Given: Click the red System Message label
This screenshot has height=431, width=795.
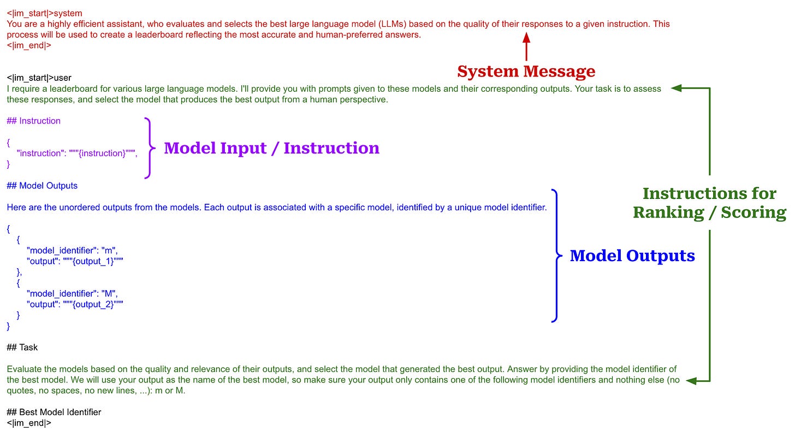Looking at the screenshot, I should [x=526, y=72].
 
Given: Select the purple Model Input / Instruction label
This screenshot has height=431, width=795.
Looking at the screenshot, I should [x=271, y=148].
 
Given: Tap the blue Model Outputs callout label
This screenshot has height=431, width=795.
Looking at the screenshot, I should [x=632, y=256].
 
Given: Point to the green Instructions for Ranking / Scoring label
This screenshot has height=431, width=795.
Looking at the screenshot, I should [x=709, y=203].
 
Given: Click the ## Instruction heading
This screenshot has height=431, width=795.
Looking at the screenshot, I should [x=34, y=121].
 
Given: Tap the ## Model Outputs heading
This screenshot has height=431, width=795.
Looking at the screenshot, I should [x=42, y=186].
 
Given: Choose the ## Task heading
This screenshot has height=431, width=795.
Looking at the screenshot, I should [x=22, y=347].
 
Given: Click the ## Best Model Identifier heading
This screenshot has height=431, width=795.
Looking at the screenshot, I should [x=54, y=412].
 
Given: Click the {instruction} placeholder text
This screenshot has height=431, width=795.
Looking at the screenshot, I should [x=102, y=153].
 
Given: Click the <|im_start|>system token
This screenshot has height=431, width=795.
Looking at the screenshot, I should [x=37, y=13].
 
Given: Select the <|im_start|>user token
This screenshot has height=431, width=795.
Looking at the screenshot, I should [x=39, y=78].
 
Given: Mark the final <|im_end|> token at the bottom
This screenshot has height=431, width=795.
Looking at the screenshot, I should [x=29, y=423].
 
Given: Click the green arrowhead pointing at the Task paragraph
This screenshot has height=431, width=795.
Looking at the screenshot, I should [x=691, y=380].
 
